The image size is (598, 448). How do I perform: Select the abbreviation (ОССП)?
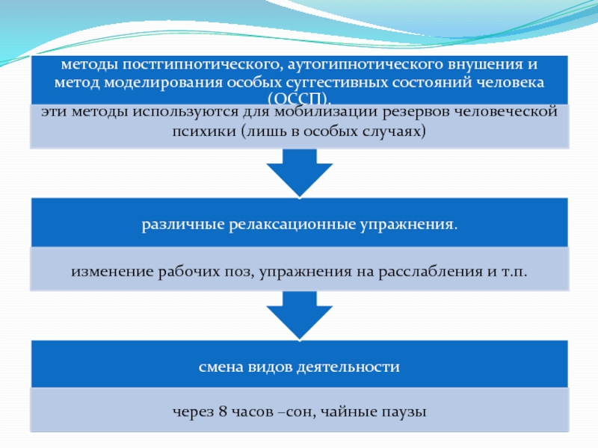299,99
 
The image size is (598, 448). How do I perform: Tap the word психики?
203,130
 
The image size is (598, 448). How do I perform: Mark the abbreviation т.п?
513,273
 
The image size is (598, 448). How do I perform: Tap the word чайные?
350,411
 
